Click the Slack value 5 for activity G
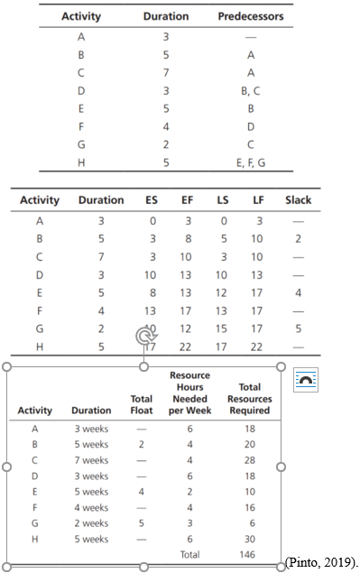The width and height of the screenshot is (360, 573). pyautogui.click(x=297, y=328)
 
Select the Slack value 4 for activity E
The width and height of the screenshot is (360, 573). pyautogui.click(x=297, y=292)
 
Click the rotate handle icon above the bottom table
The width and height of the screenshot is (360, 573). pyautogui.click(x=144, y=337)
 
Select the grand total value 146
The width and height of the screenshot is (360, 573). pyautogui.click(x=249, y=555)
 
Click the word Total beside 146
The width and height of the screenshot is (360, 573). pyautogui.click(x=189, y=555)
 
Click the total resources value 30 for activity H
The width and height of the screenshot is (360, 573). pyautogui.click(x=249, y=540)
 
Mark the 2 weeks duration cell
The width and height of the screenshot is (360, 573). pyautogui.click(x=90, y=523)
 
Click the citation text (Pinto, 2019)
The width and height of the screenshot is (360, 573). pyautogui.click(x=321, y=562)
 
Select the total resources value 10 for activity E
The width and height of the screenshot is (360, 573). pyautogui.click(x=249, y=492)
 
